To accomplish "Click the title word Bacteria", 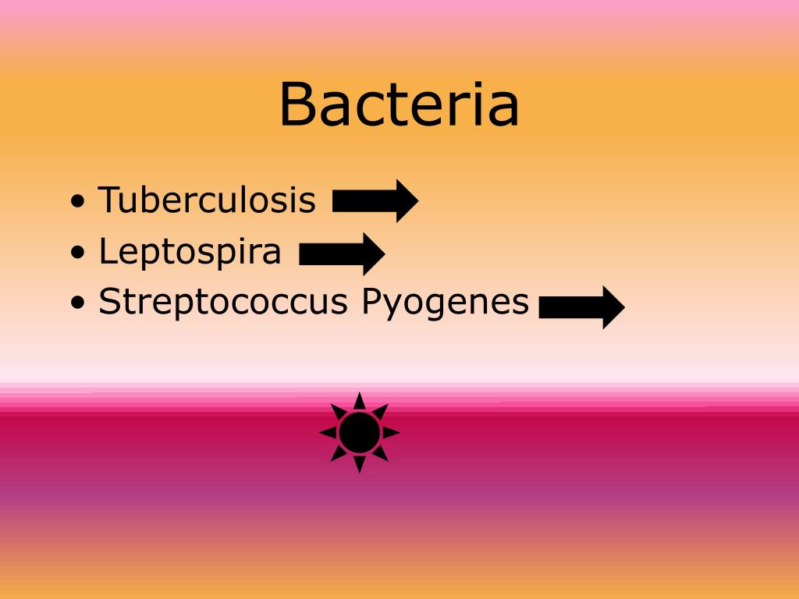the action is click(399, 105).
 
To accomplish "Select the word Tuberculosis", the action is click(207, 200).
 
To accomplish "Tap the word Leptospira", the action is click(190, 251).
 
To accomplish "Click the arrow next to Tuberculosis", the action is click(375, 201).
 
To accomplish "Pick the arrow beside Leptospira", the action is click(342, 253).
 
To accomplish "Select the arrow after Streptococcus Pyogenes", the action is click(581, 307).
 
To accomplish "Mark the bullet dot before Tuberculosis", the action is click(78, 202).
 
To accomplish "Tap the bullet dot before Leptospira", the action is click(78, 253).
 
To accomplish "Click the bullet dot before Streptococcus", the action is click(78, 303).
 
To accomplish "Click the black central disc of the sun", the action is click(360, 432).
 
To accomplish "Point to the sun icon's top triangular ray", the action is click(360, 401).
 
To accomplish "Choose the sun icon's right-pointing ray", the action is click(391, 432).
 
